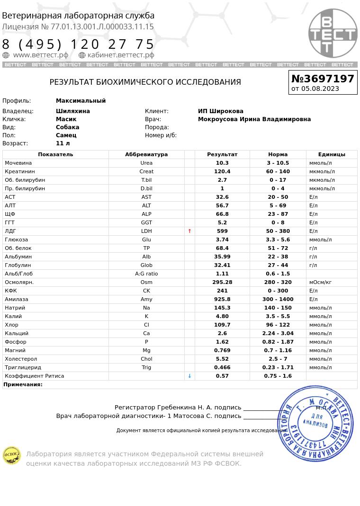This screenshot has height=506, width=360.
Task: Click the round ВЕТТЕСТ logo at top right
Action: click(x=333, y=33)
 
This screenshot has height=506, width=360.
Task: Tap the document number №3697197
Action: click(x=323, y=79)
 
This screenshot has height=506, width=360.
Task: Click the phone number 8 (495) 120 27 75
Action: click(x=79, y=44)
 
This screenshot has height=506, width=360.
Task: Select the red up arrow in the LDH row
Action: click(x=189, y=231)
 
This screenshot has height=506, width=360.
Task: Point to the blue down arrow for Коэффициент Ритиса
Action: click(x=189, y=376)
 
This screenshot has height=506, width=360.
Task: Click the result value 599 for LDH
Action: click(x=222, y=231)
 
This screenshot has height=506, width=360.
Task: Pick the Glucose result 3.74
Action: click(x=222, y=240)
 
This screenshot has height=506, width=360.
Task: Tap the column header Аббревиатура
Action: click(x=146, y=154)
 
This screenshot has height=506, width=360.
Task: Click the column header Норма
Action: click(x=278, y=154)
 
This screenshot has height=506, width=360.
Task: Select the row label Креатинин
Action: click(x=19, y=171)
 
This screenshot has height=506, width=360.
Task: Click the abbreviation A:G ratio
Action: click(x=146, y=274)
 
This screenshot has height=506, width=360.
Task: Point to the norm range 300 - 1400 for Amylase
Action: click(x=278, y=300)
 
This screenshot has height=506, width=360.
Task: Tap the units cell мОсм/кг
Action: click(x=320, y=283)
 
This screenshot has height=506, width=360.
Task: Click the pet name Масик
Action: click(x=66, y=119)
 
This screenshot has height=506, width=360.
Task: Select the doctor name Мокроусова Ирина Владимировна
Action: click(x=254, y=119)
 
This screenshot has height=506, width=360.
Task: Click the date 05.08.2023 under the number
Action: click(x=320, y=89)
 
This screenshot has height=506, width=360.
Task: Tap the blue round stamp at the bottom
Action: click(x=315, y=424)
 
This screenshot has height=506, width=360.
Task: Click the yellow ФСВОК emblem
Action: click(x=12, y=456)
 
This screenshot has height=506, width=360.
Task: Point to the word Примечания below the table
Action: click(x=23, y=385)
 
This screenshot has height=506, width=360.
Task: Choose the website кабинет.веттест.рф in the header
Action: click(x=121, y=55)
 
